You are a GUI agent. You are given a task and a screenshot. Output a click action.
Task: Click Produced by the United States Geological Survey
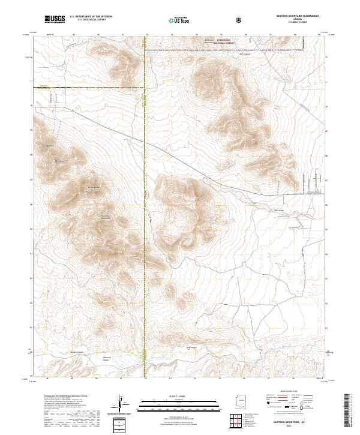(60, 397)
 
